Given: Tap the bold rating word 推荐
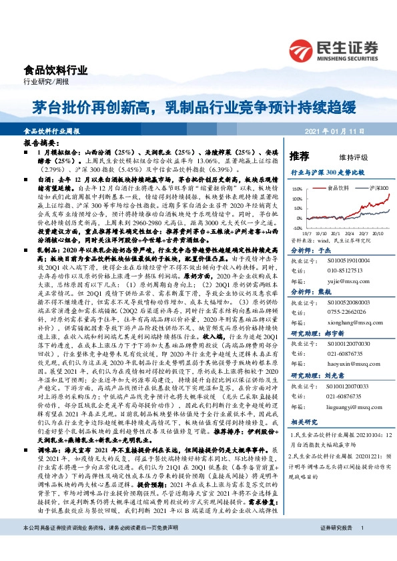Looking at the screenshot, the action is click(x=300, y=156).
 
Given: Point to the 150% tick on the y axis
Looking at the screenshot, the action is click(x=296, y=189).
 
